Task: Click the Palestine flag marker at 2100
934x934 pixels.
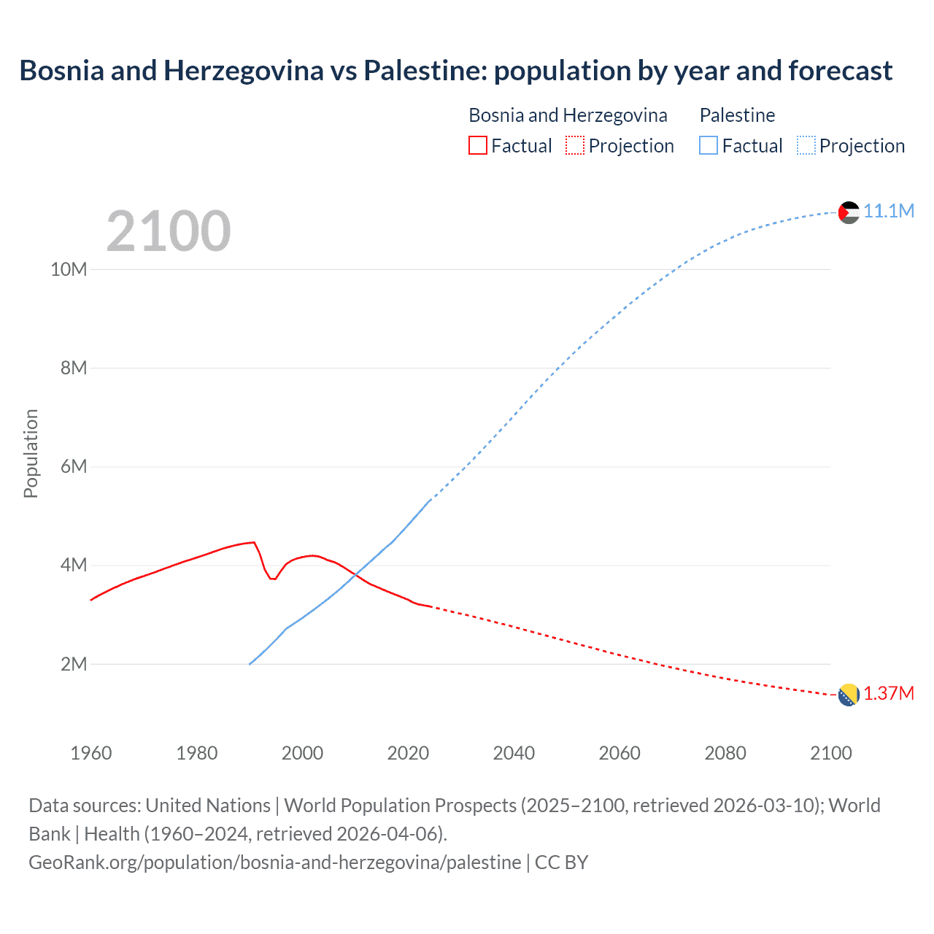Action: pyautogui.click(x=849, y=212)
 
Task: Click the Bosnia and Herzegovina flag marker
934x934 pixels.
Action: pyautogui.click(x=849, y=695)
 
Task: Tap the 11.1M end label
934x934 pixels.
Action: pyautogui.click(x=889, y=212)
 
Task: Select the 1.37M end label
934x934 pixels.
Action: pyautogui.click(x=889, y=694)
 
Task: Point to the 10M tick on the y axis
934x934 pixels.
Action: pyautogui.click(x=69, y=269)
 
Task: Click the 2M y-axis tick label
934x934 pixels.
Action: pyautogui.click(x=74, y=664)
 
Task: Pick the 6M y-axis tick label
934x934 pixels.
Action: pyautogui.click(x=74, y=466)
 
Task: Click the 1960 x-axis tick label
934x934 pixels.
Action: pyautogui.click(x=91, y=753)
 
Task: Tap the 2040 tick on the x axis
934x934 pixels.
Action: pyautogui.click(x=514, y=753)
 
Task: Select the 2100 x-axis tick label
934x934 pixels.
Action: pyautogui.click(x=830, y=753)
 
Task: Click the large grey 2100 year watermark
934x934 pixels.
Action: pyautogui.click(x=169, y=231)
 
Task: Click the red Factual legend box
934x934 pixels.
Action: pyautogui.click(x=477, y=145)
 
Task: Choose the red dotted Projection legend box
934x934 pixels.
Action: pyautogui.click(x=575, y=145)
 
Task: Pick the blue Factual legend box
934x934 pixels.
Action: pyautogui.click(x=708, y=145)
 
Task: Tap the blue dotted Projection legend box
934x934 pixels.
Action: pyautogui.click(x=806, y=145)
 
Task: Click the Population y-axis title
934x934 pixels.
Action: pyautogui.click(x=31, y=453)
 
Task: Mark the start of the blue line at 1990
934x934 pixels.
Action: pyautogui.click(x=250, y=664)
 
